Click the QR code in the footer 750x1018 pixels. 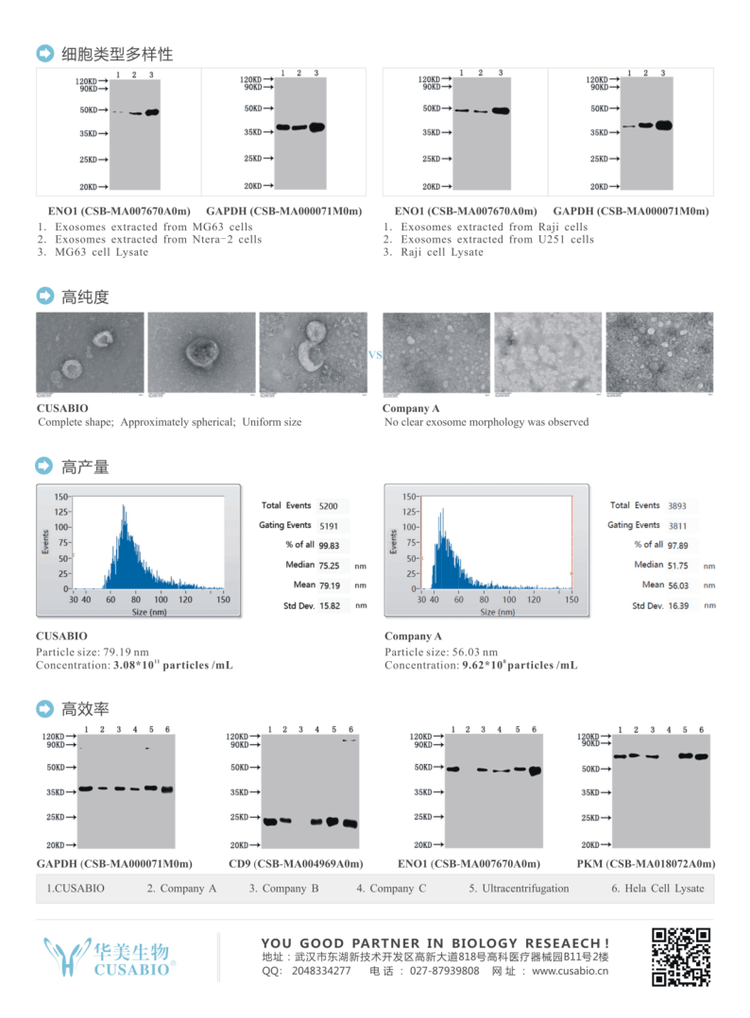pyautogui.click(x=680, y=957)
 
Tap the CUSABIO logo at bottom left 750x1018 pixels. pyautogui.click(x=110, y=958)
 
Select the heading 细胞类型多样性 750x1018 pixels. pyautogui.click(x=117, y=54)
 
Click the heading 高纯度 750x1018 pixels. pyautogui.click(x=85, y=297)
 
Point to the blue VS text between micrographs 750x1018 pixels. pyautogui.click(x=375, y=355)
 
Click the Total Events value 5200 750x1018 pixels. pyautogui.click(x=329, y=506)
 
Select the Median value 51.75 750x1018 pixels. pyautogui.click(x=676, y=565)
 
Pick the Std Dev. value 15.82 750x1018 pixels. pyautogui.click(x=329, y=605)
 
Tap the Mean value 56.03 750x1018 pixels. pyautogui.click(x=676, y=585)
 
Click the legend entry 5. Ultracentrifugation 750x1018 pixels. pyautogui.click(x=519, y=888)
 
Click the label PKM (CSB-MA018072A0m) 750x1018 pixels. pyautogui.click(x=645, y=863)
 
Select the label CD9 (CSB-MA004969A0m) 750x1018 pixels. pyautogui.click(x=295, y=863)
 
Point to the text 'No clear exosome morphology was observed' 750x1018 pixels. pyautogui.click(x=486, y=422)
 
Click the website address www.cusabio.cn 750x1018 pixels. pyautogui.click(x=570, y=971)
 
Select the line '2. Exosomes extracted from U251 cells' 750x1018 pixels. pyautogui.click(x=488, y=240)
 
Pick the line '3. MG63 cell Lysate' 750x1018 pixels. pyautogui.click(x=93, y=252)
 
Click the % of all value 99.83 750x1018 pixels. pyautogui.click(x=329, y=545)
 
